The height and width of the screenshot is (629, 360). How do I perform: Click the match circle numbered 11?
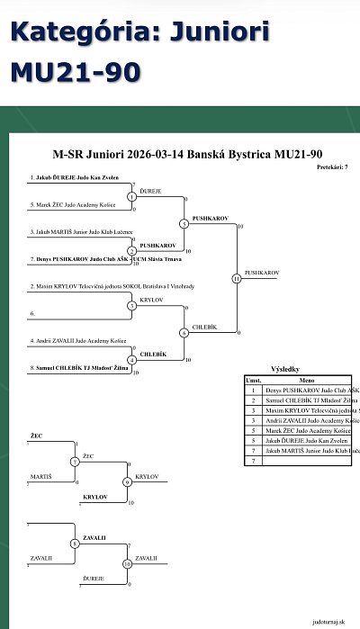pyautogui.click(x=236, y=278)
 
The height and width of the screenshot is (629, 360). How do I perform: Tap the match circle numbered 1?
pyautogui.click(x=131, y=196)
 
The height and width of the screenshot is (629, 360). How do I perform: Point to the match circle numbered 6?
pyautogui.click(x=184, y=333)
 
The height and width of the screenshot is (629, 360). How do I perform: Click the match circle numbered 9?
pyautogui.click(x=127, y=482)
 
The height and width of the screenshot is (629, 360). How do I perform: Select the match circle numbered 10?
pyautogui.click(x=127, y=564)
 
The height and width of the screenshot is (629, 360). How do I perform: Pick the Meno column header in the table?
pyautogui.click(x=307, y=380)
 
